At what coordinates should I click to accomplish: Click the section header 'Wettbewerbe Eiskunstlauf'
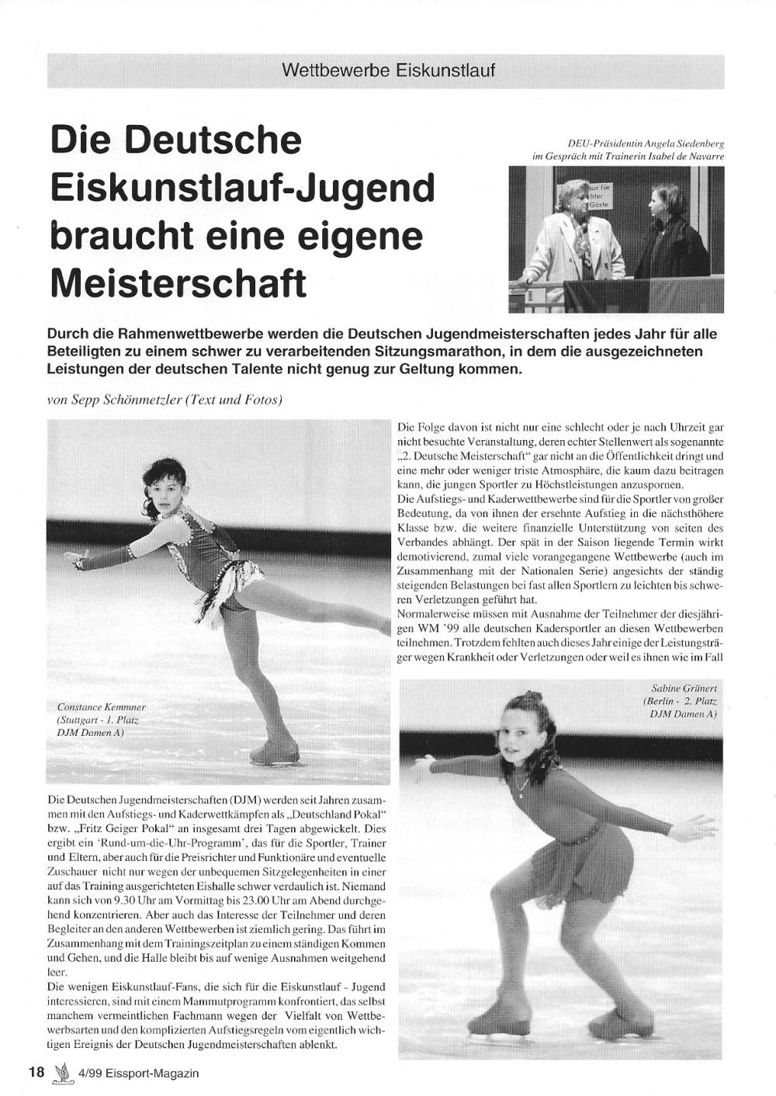pos(388,71)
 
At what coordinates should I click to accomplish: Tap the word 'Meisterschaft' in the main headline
pos(178,283)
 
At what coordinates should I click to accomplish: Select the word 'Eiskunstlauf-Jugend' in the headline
pos(241,189)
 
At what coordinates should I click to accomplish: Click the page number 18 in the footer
pos(36,1073)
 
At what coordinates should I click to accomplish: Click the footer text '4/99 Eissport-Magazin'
pos(138,1073)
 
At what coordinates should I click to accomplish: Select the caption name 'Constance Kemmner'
pos(101,707)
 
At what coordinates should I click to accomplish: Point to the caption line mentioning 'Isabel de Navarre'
pos(628,156)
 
